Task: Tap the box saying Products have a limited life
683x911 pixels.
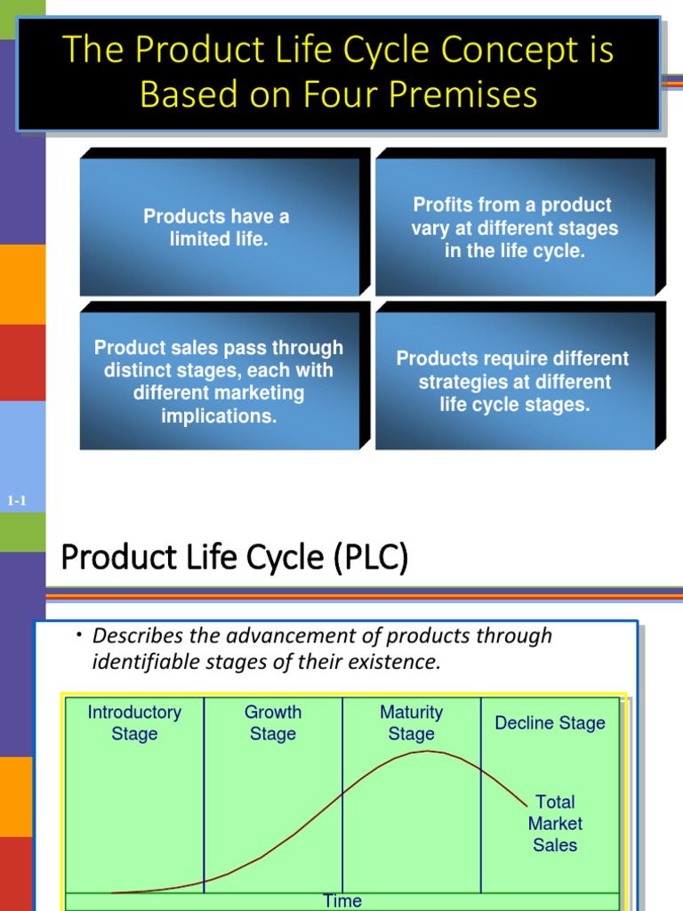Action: coord(218,228)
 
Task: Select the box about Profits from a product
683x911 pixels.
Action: coord(514,228)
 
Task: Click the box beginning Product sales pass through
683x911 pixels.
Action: coord(219,382)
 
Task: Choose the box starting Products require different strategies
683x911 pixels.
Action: coord(513,382)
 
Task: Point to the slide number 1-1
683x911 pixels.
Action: coord(17,501)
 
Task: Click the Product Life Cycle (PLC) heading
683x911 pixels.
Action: coord(234,558)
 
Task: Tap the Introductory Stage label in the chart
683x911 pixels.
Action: coord(134,722)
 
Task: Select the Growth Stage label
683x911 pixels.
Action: coord(273,722)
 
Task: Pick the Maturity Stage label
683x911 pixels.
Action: coord(411,722)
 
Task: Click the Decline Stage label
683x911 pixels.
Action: coord(550,722)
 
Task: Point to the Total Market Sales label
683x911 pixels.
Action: coord(555,823)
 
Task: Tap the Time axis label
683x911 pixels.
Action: coord(342,900)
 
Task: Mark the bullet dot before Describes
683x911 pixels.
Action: coord(78,634)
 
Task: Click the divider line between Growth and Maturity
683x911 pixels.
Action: coord(342,792)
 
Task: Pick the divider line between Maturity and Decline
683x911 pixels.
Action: coord(481,792)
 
